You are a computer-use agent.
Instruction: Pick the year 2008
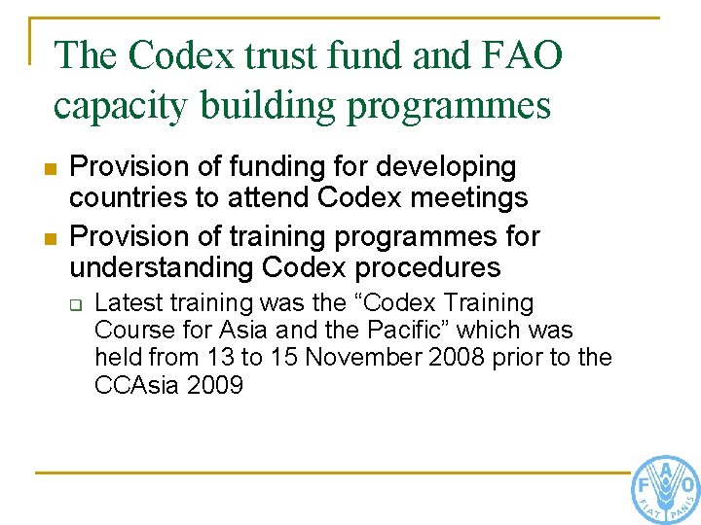tap(460, 358)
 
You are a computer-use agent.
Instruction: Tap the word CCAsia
tap(133, 385)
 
